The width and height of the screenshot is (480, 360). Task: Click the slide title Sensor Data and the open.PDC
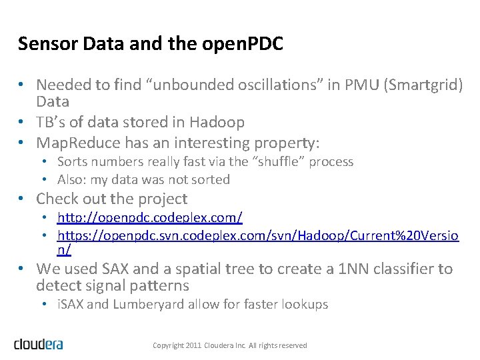(151, 44)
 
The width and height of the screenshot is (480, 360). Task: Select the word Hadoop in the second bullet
(217, 122)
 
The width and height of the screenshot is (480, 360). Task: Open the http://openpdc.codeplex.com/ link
(150, 217)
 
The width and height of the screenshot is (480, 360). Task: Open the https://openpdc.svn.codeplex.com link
(257, 235)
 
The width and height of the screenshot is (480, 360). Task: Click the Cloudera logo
(38, 344)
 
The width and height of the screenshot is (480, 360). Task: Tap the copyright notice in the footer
(230, 345)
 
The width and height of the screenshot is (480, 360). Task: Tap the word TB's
(50, 122)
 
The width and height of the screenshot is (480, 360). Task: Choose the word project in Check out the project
(161, 199)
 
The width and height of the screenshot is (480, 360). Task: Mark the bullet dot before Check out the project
(22, 199)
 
